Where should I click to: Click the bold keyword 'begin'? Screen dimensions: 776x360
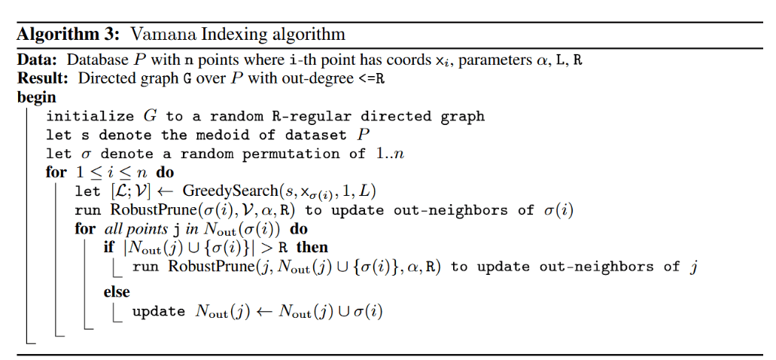36,97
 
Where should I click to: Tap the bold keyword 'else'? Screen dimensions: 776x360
117,291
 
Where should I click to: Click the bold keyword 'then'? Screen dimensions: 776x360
312,247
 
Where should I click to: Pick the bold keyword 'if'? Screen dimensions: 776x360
109,247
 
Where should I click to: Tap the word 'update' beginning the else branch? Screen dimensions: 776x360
158,311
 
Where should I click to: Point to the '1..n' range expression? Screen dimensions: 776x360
392,154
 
